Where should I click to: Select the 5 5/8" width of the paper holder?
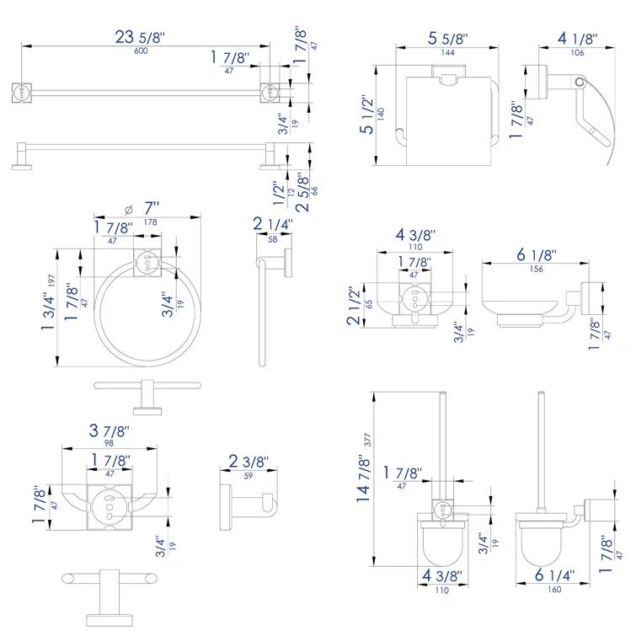click(x=447, y=39)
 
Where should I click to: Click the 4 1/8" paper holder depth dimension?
click(x=577, y=39)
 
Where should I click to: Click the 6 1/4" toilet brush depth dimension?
click(x=554, y=576)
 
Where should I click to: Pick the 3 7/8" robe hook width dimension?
click(x=110, y=430)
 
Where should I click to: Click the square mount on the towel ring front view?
click(x=147, y=264)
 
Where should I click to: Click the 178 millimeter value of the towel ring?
click(x=150, y=222)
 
